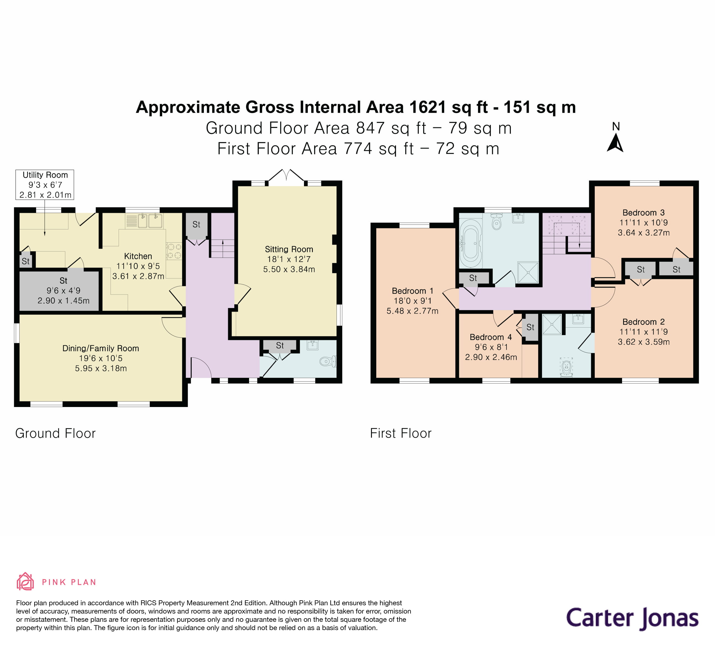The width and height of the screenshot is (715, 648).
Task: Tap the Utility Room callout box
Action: (45, 185)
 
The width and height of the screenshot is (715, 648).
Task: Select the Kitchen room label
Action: (138, 256)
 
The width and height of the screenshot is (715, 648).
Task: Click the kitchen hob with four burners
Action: (174, 251)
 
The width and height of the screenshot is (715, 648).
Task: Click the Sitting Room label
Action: (289, 249)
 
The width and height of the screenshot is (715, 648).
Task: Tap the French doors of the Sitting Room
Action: (286, 176)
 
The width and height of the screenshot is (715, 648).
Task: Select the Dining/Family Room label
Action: (101, 349)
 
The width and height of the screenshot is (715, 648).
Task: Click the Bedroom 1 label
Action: (412, 291)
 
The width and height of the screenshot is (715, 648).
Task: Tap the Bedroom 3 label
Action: (643, 213)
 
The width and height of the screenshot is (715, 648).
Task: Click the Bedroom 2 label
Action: (643, 322)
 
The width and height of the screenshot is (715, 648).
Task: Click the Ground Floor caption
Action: (55, 433)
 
